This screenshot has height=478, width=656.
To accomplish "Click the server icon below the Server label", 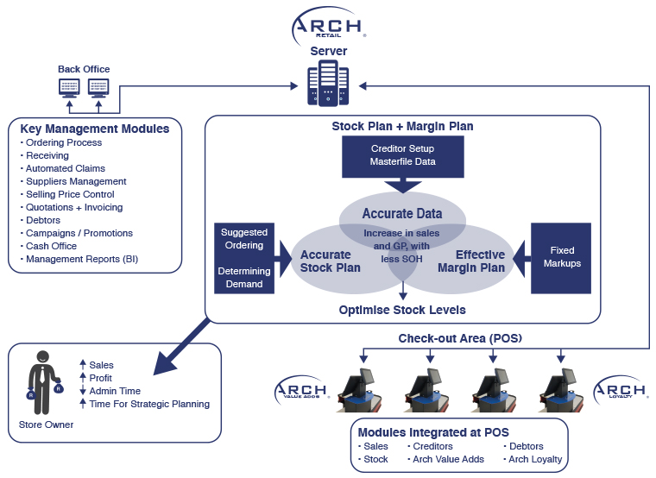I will pyautogui.click(x=328, y=85).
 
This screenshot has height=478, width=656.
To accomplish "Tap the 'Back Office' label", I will pyautogui.click(x=84, y=69).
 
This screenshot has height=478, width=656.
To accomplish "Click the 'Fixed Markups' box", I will pyautogui.click(x=562, y=256).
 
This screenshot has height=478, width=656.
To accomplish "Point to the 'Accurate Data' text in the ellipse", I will pyautogui.click(x=402, y=213).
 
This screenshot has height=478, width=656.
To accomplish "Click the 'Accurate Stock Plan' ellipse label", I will pyautogui.click(x=325, y=261).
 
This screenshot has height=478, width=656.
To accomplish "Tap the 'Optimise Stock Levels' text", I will pyautogui.click(x=402, y=310).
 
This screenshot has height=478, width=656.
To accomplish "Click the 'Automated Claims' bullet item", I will pyautogui.click(x=65, y=168).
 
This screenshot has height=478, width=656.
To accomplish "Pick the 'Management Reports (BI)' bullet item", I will pyautogui.click(x=81, y=259).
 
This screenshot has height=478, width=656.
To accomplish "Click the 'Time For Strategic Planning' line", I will pyautogui.click(x=148, y=404).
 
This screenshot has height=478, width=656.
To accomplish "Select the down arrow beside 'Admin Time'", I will pyautogui.click(x=82, y=391).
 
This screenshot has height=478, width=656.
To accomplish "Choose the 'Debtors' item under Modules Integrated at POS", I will pyautogui.click(x=526, y=446).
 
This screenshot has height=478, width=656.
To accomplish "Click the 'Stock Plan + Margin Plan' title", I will pyautogui.click(x=402, y=126).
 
